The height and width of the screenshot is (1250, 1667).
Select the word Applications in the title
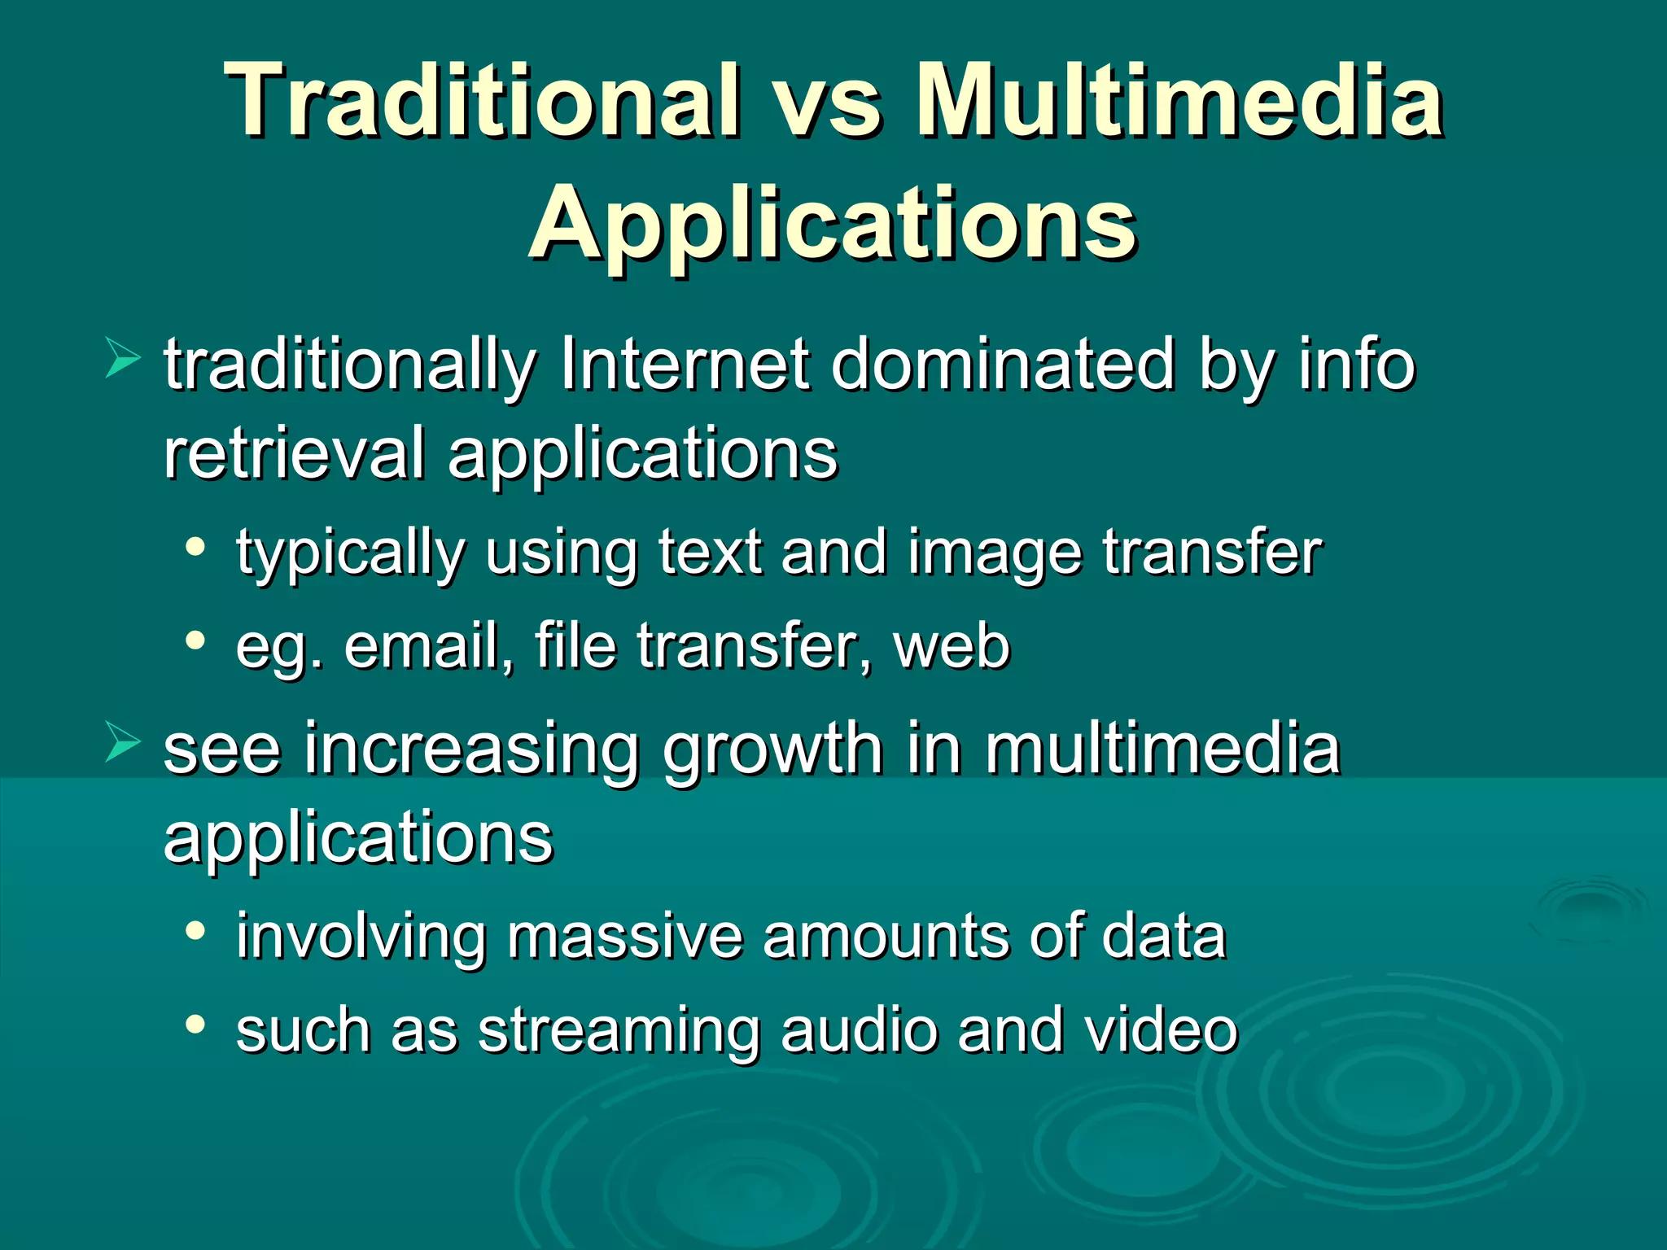pos(832,223)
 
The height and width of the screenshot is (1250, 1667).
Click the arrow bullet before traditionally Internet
pos(122,360)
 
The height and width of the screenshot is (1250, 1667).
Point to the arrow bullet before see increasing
pos(122,743)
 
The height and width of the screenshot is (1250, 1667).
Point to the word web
pos(952,646)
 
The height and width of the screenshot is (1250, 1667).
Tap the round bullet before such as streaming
pos(195,1025)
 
